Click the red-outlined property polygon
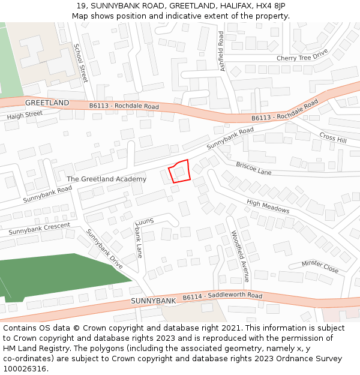pyautogui.click(x=180, y=171)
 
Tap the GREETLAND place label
pyautogui.click(x=47, y=103)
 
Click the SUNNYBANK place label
pyautogui.click(x=153, y=300)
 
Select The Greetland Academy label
pyautogui.click(x=106, y=179)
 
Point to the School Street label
pyautogui.click(x=80, y=62)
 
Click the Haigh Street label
pyautogui.click(x=25, y=114)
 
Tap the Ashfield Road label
pyautogui.click(x=221, y=51)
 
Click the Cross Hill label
pyautogui.click(x=333, y=137)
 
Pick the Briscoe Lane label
pyautogui.click(x=253, y=168)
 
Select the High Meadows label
pyautogui.click(x=268, y=206)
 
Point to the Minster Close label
pyautogui.click(x=320, y=266)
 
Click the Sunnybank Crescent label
pyautogui.click(x=39, y=229)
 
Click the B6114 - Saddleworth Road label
pyautogui.click(x=223, y=296)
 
